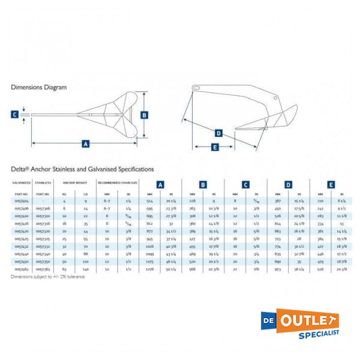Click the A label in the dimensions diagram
[86, 144]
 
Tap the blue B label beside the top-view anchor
[144, 115]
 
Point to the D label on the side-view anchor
[218, 133]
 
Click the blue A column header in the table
[160, 185]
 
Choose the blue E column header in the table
[331, 185]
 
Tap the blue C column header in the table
[245, 185]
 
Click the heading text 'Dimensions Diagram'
[38, 87]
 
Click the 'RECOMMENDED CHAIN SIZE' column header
[118, 182]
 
